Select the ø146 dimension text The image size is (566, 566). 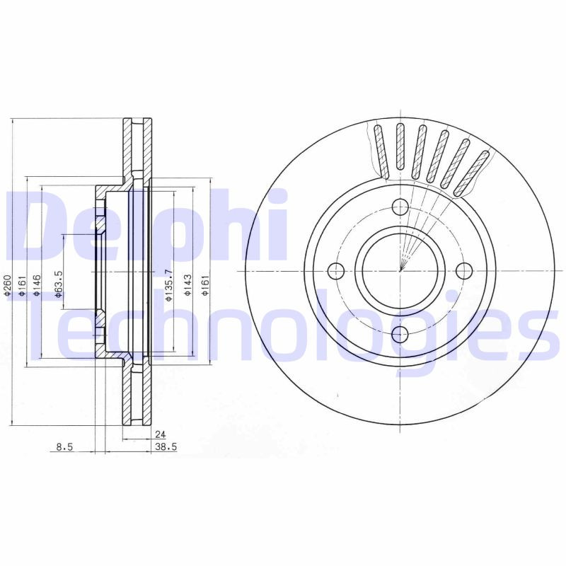(x=36, y=287)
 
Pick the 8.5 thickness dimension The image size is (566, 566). (x=65, y=446)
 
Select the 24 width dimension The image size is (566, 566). (x=161, y=435)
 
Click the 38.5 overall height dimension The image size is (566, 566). (x=165, y=446)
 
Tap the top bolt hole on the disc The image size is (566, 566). (x=400, y=207)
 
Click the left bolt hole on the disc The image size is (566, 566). (x=336, y=270)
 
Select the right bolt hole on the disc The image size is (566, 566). (x=464, y=270)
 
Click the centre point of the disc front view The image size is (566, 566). (x=400, y=270)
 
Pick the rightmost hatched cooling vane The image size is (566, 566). (x=473, y=172)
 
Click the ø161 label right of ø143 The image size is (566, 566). (x=204, y=286)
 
